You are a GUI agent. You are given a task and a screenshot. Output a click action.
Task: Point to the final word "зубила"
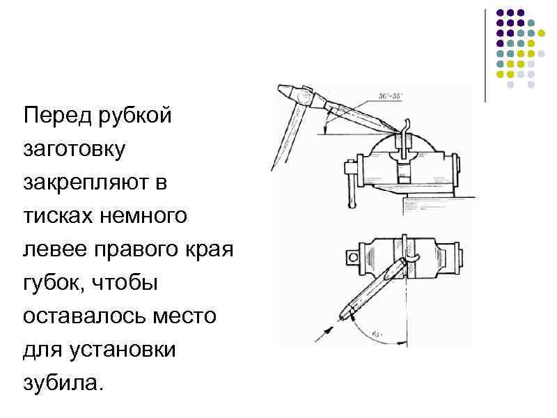[62, 384]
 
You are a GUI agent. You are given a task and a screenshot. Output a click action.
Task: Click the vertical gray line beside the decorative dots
[485, 56]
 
